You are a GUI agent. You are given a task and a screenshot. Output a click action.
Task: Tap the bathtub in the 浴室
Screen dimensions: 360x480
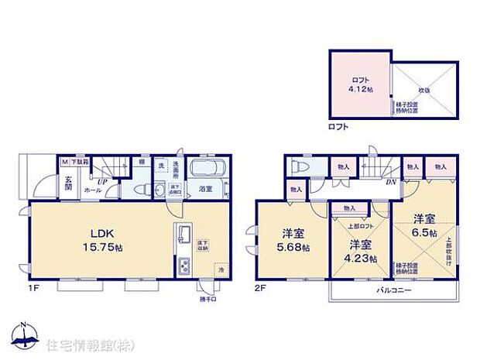206,169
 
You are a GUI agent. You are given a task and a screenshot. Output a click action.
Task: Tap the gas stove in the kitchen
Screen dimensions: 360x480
183,268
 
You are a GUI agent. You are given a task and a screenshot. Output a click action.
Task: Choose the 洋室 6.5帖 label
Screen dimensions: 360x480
423,225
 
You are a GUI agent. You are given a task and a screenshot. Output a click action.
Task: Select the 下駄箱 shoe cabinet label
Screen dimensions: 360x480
80,163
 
